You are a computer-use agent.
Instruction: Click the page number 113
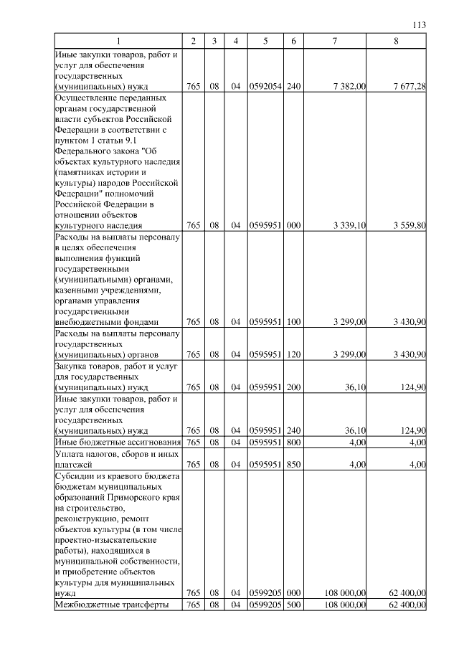[420, 25]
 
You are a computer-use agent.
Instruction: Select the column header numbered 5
[265, 42]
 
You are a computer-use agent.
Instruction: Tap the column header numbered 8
[397, 42]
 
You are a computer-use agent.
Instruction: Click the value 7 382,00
[350, 87]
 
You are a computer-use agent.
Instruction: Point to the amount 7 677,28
[410, 87]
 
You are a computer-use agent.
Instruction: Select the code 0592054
[265, 87]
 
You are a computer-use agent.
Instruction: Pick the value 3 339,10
[350, 225]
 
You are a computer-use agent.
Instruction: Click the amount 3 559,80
[410, 225]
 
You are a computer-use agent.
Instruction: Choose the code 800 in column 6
[293, 442]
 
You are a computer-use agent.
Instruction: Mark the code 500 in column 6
[293, 605]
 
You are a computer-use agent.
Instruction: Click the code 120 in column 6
[293, 355]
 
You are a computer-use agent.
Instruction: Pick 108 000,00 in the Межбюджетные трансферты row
[345, 605]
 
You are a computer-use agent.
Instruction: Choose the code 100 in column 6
[293, 323]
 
